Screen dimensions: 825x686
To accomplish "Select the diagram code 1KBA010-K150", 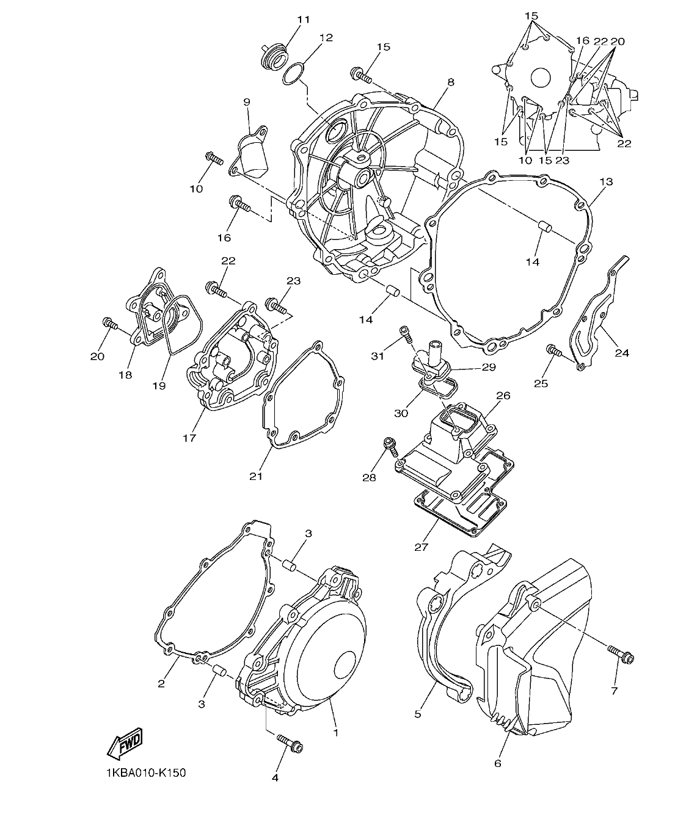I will pyautogui.click(x=145, y=772).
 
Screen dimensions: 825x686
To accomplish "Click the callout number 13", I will pyautogui.click(x=605, y=182).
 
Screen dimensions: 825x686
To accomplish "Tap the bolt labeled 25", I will pyautogui.click(x=554, y=351).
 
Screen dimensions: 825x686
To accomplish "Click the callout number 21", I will pyautogui.click(x=255, y=476).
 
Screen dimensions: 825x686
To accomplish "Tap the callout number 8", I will pyautogui.click(x=450, y=82).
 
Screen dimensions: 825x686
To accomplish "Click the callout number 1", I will pyautogui.click(x=335, y=731).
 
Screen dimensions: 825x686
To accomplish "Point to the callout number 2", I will pyautogui.click(x=161, y=683).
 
